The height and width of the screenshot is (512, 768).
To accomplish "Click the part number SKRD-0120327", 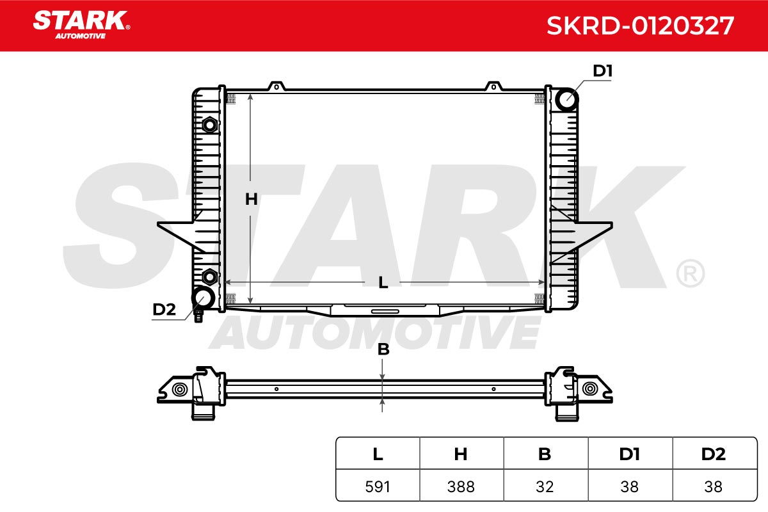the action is pyautogui.click(x=640, y=26).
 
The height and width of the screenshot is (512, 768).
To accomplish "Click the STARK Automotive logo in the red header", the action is pyautogui.click(x=81, y=25).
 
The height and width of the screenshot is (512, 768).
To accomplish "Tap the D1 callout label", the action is pyautogui.click(x=602, y=71).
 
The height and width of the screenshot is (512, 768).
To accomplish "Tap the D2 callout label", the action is pyautogui.click(x=164, y=309).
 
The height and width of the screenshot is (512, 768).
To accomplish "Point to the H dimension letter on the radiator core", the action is pyautogui.click(x=252, y=199).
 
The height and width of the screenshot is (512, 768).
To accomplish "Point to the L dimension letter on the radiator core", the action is pyautogui.click(x=383, y=283).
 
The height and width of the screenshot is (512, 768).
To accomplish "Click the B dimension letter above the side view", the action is pyautogui.click(x=383, y=349).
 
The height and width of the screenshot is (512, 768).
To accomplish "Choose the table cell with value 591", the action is pyautogui.click(x=378, y=486).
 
